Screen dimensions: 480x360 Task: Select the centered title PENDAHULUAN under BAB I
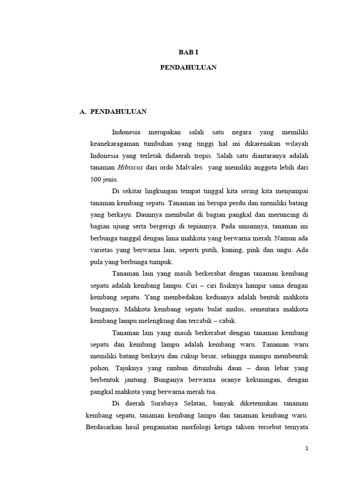click(x=188, y=67)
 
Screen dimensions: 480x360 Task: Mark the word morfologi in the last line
click(x=209, y=427)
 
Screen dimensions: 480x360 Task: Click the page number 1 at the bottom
click(x=307, y=449)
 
